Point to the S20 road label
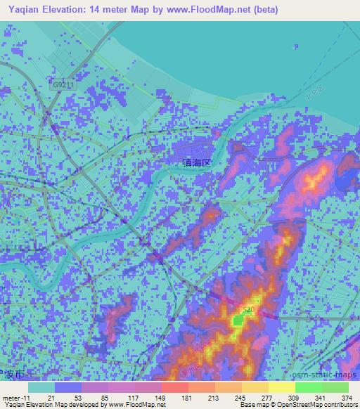click(247, 309)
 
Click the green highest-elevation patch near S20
click(238, 320)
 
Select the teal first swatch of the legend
click(41, 387)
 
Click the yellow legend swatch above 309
click(281, 387)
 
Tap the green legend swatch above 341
click(308, 387)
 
